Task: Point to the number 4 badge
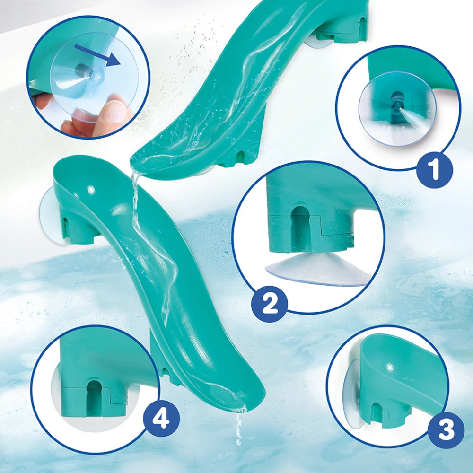tap(161, 419)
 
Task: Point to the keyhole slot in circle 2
tap(300, 223)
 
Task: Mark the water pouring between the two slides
tap(137, 199)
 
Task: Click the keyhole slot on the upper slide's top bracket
tap(362, 24)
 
